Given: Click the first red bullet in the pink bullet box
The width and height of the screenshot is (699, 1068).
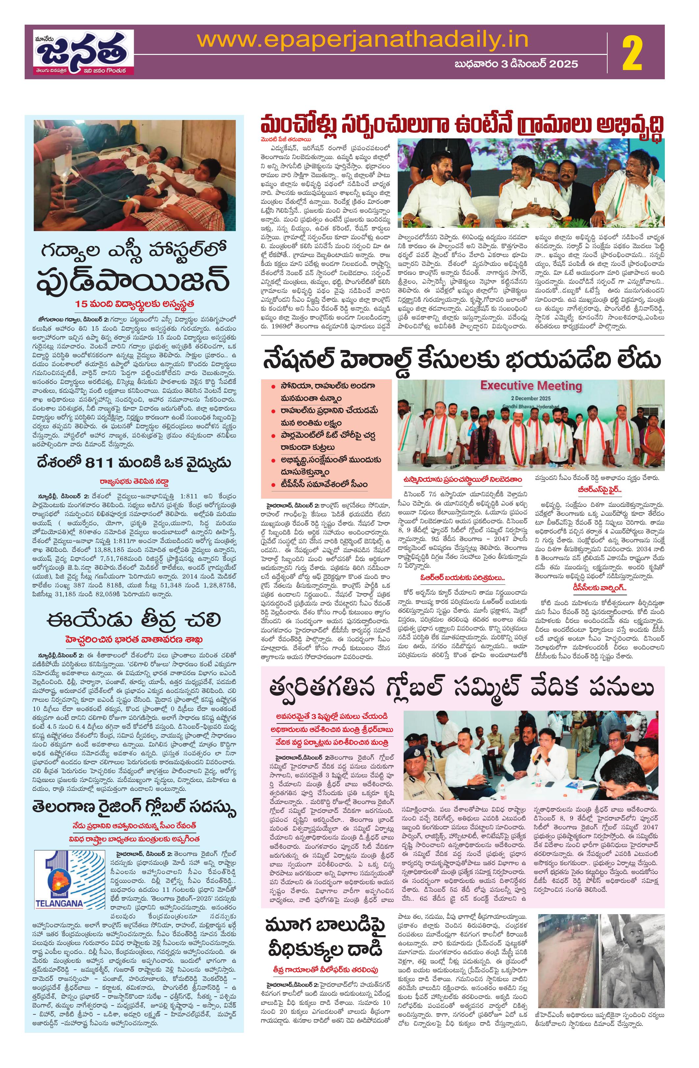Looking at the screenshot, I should [274, 386].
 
